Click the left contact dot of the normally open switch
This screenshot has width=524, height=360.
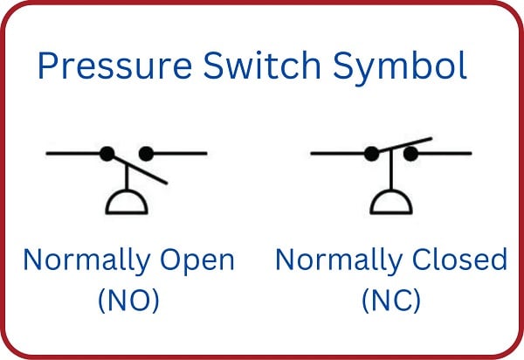point(107,154)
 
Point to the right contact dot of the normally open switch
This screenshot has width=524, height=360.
point(146,154)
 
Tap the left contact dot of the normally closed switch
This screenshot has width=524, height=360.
point(371,154)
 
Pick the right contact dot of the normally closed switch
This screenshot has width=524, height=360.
point(410,154)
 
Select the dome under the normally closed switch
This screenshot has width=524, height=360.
point(391,204)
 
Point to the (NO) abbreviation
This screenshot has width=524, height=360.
point(128,300)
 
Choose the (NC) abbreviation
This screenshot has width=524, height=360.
point(391,300)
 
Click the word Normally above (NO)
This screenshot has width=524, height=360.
point(81,260)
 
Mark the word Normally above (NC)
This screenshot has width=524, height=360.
point(333,260)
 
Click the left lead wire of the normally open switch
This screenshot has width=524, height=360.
point(74,154)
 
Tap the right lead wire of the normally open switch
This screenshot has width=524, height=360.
point(180,154)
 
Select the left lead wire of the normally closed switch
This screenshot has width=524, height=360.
point(340,154)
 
